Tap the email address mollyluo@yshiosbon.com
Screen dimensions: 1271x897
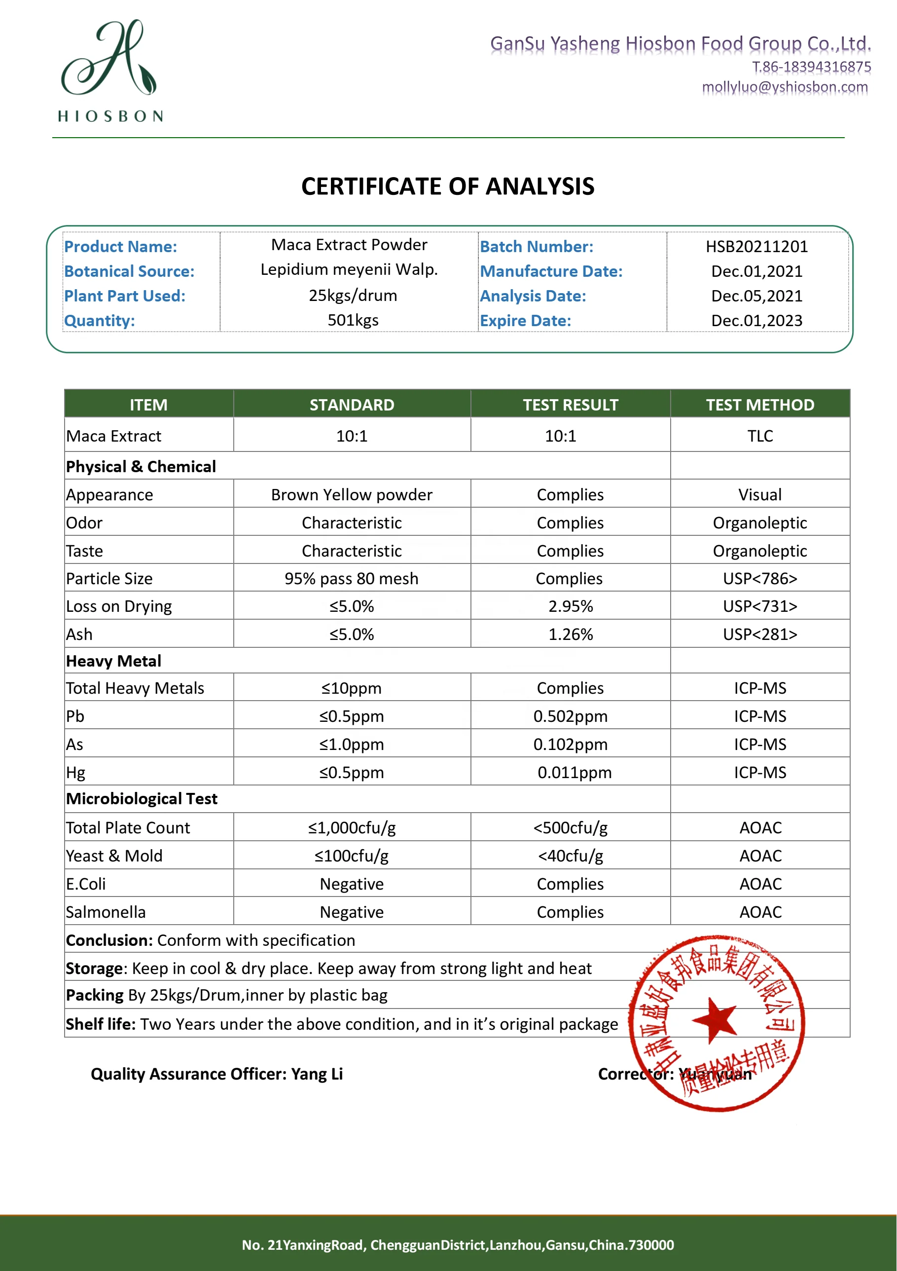point(785,87)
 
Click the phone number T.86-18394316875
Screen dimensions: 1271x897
point(811,67)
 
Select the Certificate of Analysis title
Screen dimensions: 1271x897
point(448,187)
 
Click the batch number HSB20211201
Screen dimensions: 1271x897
point(756,247)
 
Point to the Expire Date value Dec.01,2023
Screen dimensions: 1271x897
point(756,321)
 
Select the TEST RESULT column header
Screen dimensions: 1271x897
point(571,405)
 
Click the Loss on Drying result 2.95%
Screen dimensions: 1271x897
point(571,606)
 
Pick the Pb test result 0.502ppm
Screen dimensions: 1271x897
point(571,716)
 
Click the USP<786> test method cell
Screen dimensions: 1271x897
point(760,578)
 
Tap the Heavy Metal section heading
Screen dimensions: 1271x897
point(113,661)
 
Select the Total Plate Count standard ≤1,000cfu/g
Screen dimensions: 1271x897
point(352,827)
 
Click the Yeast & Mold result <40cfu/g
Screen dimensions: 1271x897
point(571,856)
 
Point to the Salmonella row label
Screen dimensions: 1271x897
point(106,912)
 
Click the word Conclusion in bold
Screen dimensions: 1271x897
point(109,940)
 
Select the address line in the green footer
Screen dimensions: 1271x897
point(458,1245)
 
